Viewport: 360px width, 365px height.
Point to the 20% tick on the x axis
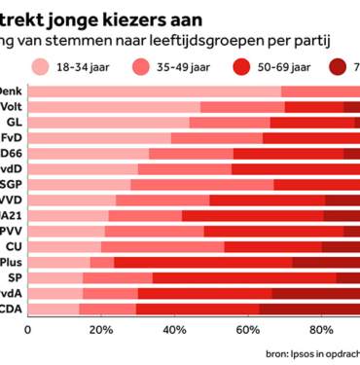(x=99, y=329)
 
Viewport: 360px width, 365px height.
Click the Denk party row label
(x=14, y=91)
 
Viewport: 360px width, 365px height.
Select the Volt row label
(x=14, y=106)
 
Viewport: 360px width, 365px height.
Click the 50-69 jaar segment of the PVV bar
(x=272, y=230)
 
